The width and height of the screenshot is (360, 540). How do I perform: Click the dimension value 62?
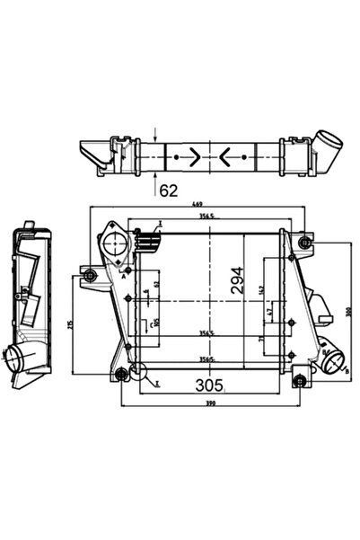pyautogui.click(x=168, y=189)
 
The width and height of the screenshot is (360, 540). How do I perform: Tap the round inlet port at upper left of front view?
pyautogui.click(x=114, y=242)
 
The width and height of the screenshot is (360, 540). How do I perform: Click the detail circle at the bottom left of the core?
pyautogui.click(x=136, y=370)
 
